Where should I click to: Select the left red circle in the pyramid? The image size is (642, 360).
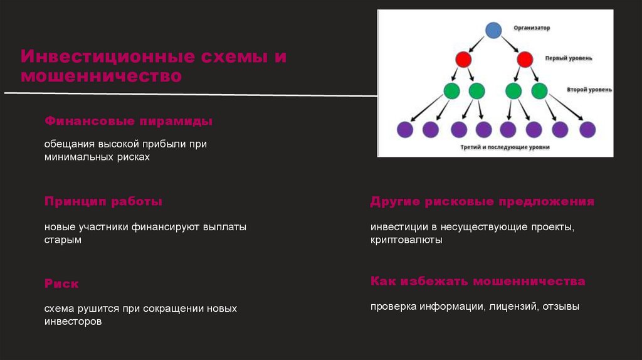[x=463, y=60]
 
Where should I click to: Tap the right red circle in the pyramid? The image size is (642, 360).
[x=525, y=60]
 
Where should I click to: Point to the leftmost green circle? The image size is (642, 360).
[x=451, y=91]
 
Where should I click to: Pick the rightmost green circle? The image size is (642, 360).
[x=539, y=91]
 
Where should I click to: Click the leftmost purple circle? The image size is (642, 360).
[x=405, y=130]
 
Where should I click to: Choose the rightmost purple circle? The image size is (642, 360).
[x=587, y=130]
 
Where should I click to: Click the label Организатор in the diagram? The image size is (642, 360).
[x=532, y=28]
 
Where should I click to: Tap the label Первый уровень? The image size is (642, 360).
[x=569, y=58]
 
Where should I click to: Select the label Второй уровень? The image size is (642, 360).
[x=589, y=90]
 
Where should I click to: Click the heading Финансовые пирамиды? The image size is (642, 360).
[x=128, y=120]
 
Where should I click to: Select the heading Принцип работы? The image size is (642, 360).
[x=103, y=202]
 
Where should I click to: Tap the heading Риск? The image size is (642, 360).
[x=61, y=283]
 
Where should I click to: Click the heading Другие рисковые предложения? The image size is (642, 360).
[x=481, y=202]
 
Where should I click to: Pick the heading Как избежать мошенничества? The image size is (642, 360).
[x=477, y=281]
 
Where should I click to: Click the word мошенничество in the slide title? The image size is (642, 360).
[x=101, y=77]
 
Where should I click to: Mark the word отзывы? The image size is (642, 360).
[x=562, y=307]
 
